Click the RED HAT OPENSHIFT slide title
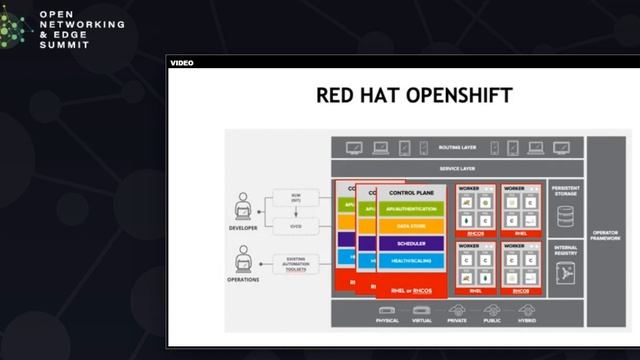pos(414,96)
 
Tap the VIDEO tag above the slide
pos(181,63)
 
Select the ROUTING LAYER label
pos(457,147)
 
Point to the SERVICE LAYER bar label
pos(457,169)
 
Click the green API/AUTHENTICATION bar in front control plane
pos(411,209)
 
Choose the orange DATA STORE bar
pos(411,226)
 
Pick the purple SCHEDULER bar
pos(411,243)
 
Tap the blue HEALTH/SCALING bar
pos(411,260)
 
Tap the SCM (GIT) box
pos(296,197)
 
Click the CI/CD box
pos(296,224)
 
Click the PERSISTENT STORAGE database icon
pos(565,214)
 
